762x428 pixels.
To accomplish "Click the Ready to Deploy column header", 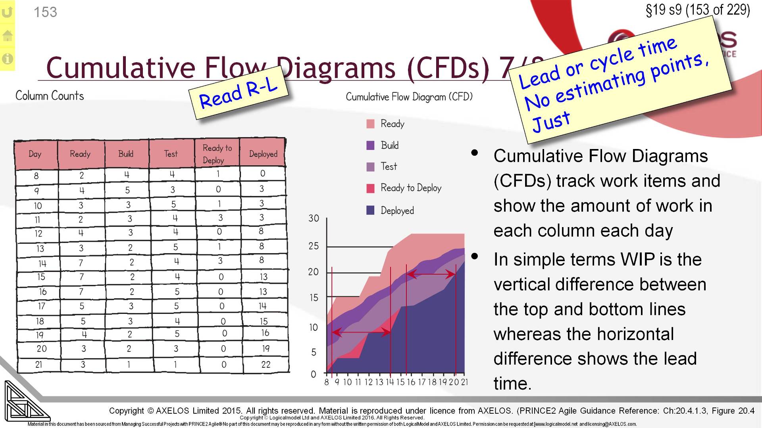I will [217, 154].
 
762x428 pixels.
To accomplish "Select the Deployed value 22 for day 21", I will [266, 365].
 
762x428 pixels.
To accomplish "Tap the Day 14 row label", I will [42, 264].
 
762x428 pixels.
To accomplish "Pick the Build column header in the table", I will [126, 154].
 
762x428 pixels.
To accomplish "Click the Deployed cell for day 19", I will [265, 333].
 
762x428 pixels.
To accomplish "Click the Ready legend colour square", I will [370, 124].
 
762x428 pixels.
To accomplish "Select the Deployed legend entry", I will [397, 210].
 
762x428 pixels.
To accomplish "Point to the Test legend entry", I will [389, 166].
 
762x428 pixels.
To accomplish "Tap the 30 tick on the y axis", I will [314, 218].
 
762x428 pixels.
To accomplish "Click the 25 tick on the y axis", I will [314, 246].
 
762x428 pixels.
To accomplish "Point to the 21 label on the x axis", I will [464, 382].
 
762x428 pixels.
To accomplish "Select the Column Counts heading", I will [50, 96].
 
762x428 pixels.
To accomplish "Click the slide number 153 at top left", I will [45, 12].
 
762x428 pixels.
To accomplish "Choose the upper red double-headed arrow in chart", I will [431, 274].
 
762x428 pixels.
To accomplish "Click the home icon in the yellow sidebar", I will [7, 36].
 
